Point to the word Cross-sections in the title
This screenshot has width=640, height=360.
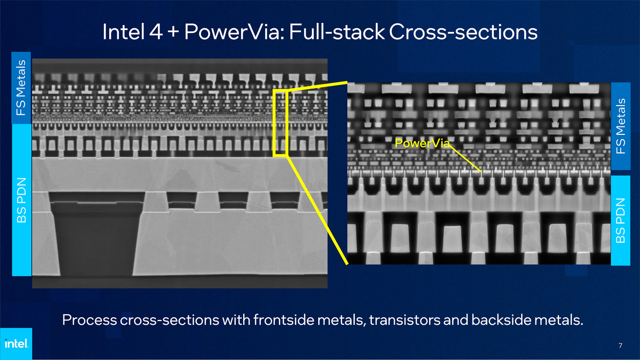coord(463,33)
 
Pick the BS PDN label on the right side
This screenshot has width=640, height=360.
coord(621,219)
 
